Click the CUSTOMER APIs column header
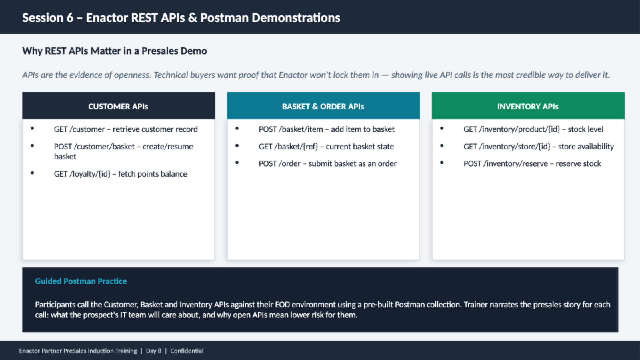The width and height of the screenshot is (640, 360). click(118, 106)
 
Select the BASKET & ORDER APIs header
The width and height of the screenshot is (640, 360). click(323, 106)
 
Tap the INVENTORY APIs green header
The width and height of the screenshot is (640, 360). click(528, 106)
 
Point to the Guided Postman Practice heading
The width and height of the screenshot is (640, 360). click(81, 281)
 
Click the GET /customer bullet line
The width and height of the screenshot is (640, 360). click(126, 129)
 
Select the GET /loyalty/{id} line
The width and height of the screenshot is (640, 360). click(120, 174)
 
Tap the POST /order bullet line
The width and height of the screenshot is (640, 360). click(327, 163)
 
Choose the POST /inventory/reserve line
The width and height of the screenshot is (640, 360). click(532, 163)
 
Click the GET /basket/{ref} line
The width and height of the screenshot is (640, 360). click(326, 146)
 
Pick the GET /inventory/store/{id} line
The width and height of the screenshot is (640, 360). click(538, 146)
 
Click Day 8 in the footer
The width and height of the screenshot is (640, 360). click(153, 351)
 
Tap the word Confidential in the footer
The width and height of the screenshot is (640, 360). click(187, 351)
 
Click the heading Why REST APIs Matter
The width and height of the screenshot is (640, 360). click(114, 51)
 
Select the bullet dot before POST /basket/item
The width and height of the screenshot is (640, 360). click(237, 128)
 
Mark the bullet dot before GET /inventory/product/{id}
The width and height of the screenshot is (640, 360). click(442, 128)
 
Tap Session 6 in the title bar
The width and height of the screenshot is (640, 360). click(48, 18)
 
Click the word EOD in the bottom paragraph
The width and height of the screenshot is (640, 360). click(282, 304)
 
